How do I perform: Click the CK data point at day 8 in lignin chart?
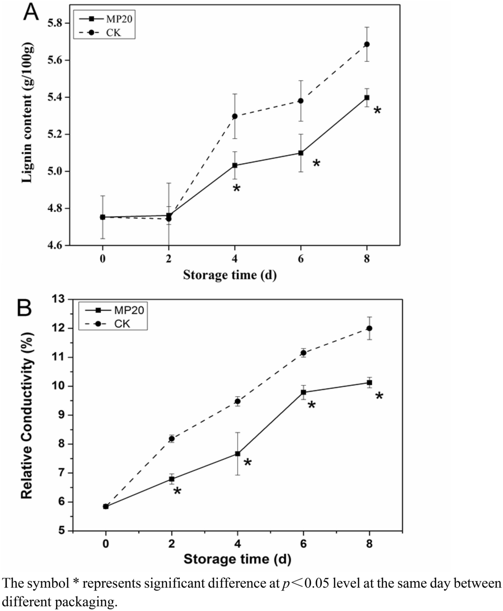coord(367,44)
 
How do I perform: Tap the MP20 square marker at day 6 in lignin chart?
coord(301,153)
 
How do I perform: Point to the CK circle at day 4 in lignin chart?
coord(235,116)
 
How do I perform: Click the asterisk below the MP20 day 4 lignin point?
coord(236,188)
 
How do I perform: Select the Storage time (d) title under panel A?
coord(230,275)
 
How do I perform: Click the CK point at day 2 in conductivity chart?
coord(172,438)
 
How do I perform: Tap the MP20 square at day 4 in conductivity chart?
coord(237,454)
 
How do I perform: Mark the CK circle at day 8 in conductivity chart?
coord(369,328)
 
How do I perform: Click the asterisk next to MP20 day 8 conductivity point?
coord(379,397)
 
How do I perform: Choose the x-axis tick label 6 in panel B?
coord(303,543)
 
